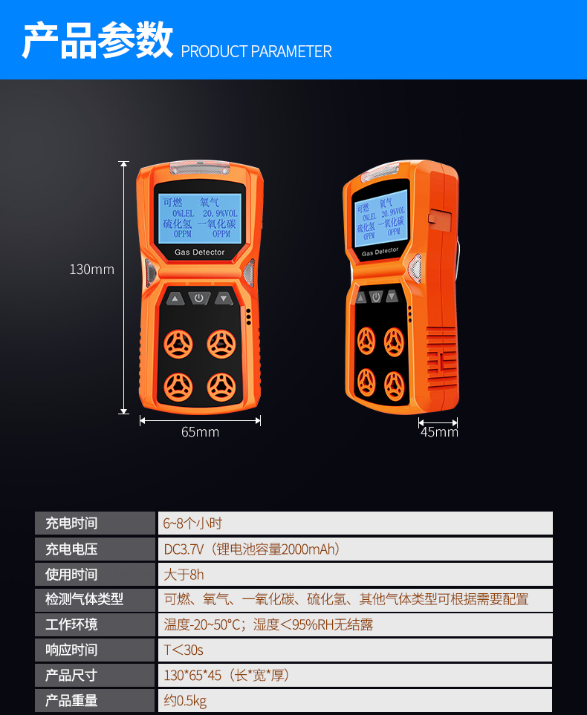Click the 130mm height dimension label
(x=91, y=270)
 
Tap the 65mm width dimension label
(x=200, y=432)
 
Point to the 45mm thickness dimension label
(x=439, y=432)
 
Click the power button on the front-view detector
(x=199, y=298)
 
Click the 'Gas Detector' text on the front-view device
(x=199, y=252)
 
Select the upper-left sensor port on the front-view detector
(x=178, y=344)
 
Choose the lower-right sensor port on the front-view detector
(x=221, y=387)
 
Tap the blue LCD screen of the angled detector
(x=380, y=218)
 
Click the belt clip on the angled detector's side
(x=440, y=219)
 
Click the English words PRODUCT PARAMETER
(x=256, y=51)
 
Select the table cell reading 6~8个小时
(x=355, y=523)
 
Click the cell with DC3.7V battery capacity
(x=355, y=549)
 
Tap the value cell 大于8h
(x=355, y=575)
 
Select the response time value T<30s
(x=355, y=650)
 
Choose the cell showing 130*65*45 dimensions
(x=355, y=676)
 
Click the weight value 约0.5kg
(x=355, y=700)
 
